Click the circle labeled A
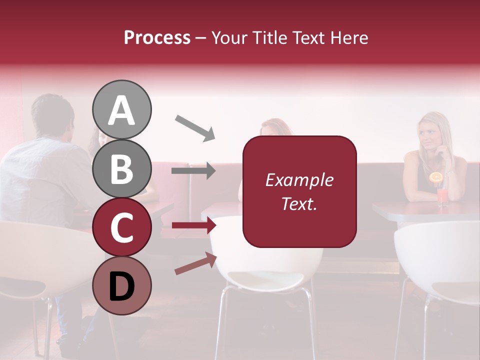point(121,109)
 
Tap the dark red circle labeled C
point(121,227)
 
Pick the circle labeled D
point(121,285)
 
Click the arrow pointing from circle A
point(194,128)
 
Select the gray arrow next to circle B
point(193,171)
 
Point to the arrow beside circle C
point(193,225)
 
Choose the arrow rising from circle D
point(195,263)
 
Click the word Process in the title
point(157,38)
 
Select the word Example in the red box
point(299,180)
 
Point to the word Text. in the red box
point(299,203)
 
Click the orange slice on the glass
point(436,177)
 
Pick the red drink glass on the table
point(442,196)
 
